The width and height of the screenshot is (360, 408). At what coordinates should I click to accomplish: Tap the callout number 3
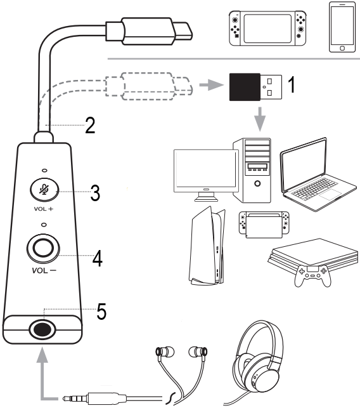click(95, 194)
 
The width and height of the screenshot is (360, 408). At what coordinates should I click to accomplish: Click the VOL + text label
click(43, 208)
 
